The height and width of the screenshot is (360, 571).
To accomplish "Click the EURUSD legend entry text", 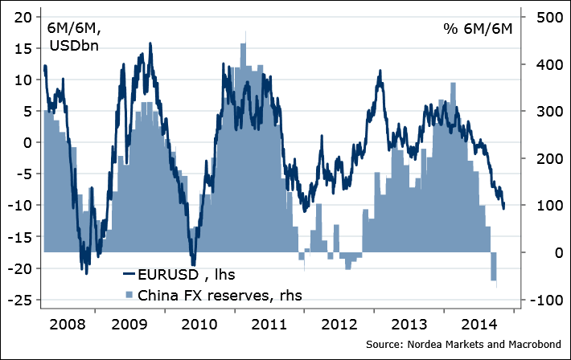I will coord(170,275).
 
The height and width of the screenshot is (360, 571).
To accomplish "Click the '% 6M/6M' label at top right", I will coord(478,30).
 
